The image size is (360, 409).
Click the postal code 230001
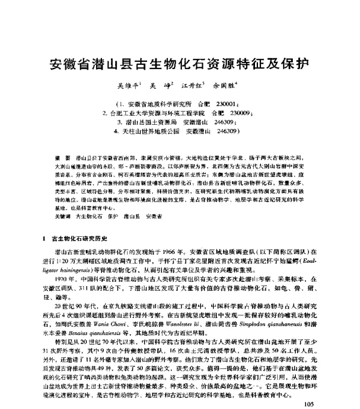[229, 103]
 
